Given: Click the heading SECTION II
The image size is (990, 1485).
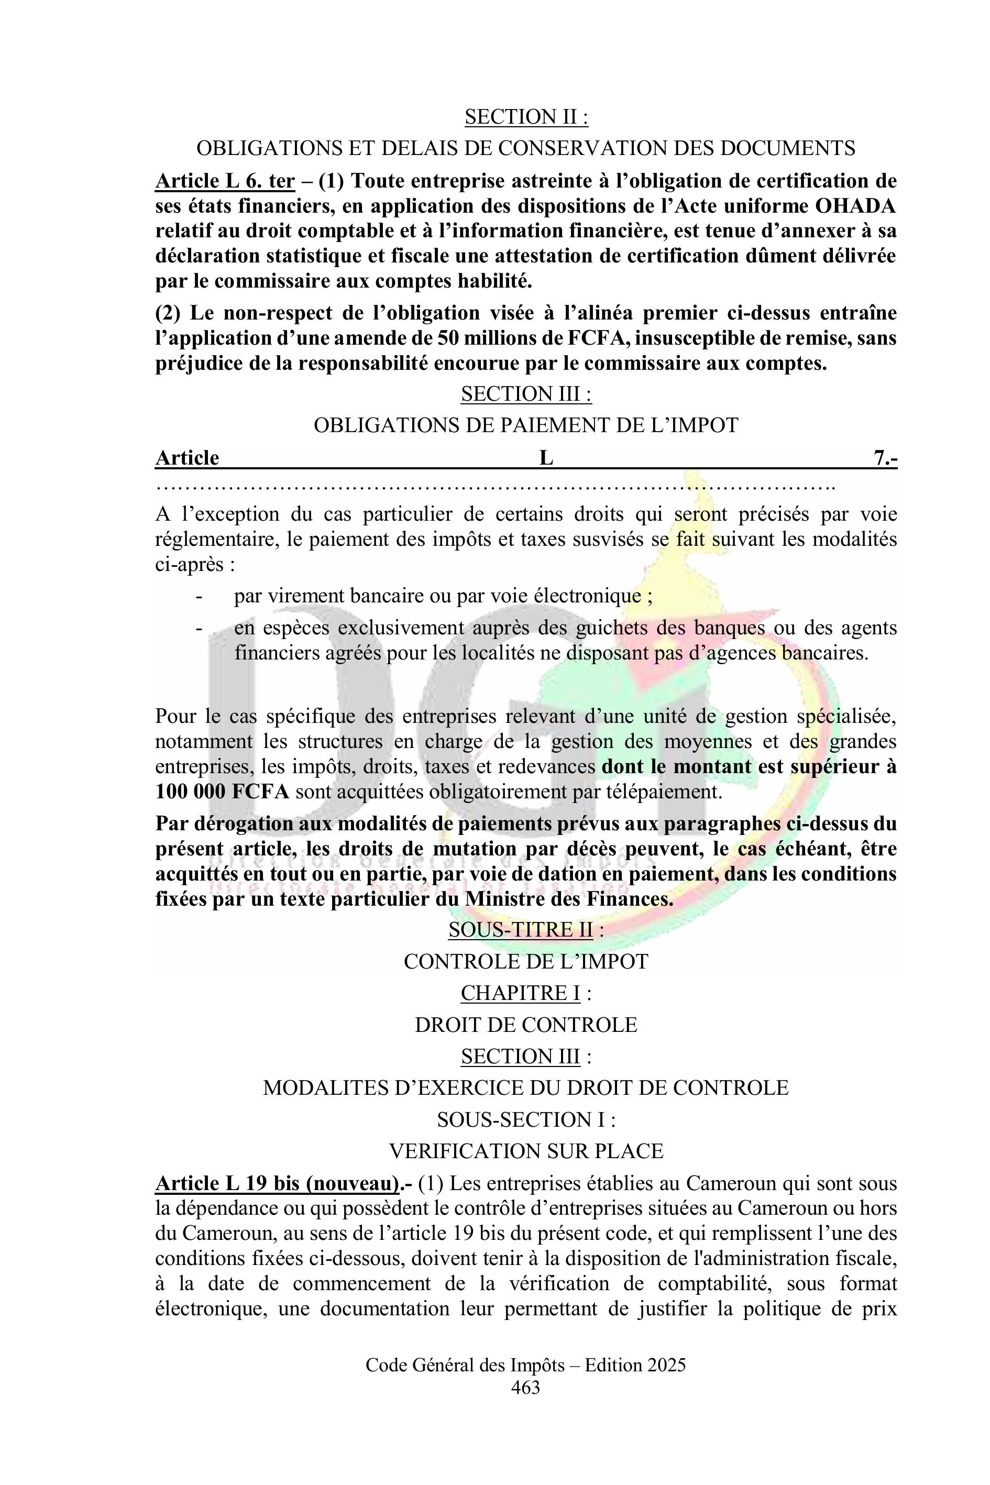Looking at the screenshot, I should [526, 117].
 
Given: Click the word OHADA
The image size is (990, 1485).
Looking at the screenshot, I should [855, 206].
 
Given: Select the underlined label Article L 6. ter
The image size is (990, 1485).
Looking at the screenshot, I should [225, 181].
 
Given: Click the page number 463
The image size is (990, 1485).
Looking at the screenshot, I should [525, 1405].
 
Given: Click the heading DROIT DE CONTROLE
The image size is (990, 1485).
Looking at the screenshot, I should [526, 1025].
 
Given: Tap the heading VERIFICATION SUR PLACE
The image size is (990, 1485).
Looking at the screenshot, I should [526, 1151].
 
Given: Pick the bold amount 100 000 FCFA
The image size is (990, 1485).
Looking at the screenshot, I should [222, 792].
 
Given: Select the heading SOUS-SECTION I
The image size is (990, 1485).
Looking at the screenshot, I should [526, 1119].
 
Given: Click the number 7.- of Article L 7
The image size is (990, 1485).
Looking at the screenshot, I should [885, 458].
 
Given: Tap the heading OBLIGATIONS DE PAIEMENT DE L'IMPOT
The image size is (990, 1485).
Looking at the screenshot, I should [526, 425].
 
